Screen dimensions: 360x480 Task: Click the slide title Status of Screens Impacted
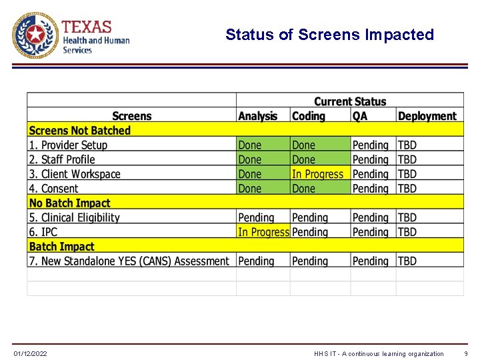point(329,35)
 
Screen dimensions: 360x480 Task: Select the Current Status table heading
point(349,101)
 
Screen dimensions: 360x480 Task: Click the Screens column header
point(131,116)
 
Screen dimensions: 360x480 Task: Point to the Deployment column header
point(427,116)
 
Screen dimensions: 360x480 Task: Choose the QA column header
point(359,116)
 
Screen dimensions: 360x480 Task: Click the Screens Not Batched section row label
point(79,131)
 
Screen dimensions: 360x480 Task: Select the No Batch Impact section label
point(69,203)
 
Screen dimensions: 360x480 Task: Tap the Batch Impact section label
point(61,247)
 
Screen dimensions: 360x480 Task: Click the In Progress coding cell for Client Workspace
point(317,174)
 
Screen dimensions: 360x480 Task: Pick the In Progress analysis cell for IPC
point(263,232)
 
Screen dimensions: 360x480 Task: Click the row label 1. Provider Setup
point(67,145)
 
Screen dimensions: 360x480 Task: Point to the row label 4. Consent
point(53,189)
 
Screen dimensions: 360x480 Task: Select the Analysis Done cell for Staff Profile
point(250,160)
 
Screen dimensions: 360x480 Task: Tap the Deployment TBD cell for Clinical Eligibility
point(407,218)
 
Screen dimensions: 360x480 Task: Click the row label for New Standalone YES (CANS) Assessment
point(129,261)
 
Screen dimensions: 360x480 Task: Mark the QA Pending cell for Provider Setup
point(370,145)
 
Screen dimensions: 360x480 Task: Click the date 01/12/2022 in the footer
point(31,353)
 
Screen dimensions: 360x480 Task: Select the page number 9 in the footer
point(466,353)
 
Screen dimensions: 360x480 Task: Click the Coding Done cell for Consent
point(303,189)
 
